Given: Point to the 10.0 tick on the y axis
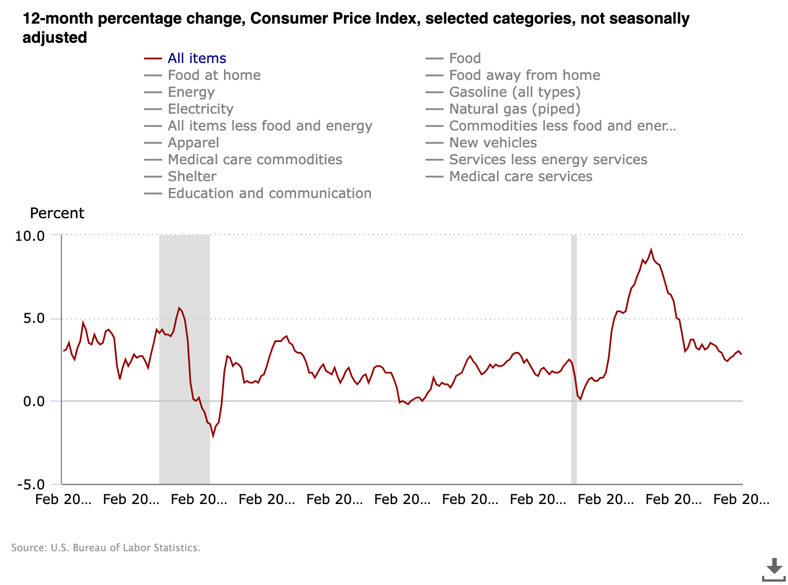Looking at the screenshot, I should click(x=30, y=236).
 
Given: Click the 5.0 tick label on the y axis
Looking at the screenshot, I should click(x=33, y=318).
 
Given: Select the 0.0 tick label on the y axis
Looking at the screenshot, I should click(x=33, y=402).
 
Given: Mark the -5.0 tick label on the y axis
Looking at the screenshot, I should click(x=31, y=484).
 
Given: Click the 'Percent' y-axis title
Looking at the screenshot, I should click(x=57, y=213).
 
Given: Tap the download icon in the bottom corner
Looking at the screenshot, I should click(x=774, y=569).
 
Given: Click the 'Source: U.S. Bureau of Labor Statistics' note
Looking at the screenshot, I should click(x=106, y=548).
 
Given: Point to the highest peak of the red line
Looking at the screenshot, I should click(x=651, y=250).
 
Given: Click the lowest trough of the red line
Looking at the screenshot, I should click(x=213, y=435).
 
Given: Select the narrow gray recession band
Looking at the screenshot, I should click(x=574, y=360).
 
